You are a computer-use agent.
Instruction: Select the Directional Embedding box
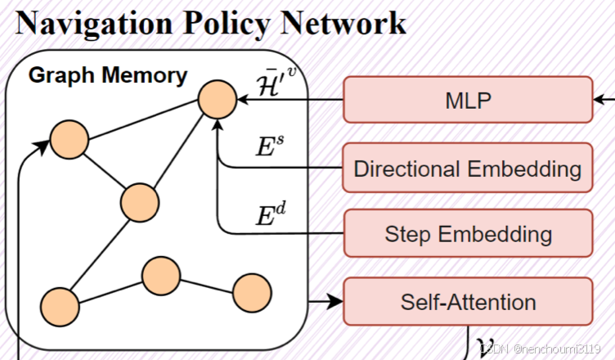[468, 169]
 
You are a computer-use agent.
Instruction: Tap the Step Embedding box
[468, 234]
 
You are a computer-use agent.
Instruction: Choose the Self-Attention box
[468, 301]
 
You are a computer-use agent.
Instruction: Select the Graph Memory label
[108, 76]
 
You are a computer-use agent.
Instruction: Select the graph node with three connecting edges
[139, 201]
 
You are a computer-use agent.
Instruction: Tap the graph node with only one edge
[252, 293]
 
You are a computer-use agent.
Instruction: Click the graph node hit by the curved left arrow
[69, 141]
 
